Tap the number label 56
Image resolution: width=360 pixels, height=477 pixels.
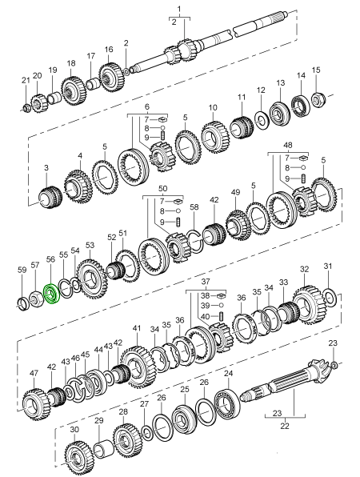(50, 259)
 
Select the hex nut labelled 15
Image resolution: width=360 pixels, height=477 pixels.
(318, 99)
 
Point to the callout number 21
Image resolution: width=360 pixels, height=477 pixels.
(26, 81)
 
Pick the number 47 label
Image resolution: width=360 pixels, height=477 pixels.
(34, 373)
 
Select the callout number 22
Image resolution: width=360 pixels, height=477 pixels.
(285, 426)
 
